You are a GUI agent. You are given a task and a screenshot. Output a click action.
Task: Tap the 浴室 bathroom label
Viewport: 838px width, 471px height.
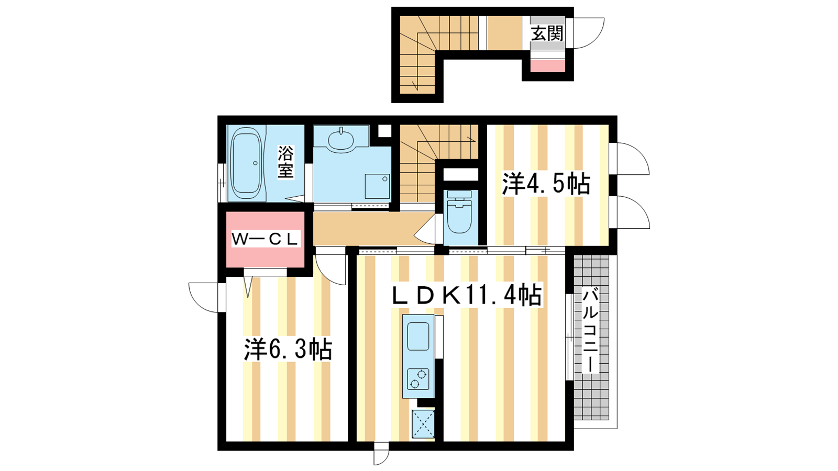pos(285,162)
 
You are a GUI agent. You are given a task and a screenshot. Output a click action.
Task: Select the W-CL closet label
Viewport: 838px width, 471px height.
pos(265,239)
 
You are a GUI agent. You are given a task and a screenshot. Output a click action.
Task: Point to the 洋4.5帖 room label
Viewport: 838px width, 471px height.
pos(546,184)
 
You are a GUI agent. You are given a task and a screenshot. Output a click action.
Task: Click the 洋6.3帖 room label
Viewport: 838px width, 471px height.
pos(288,349)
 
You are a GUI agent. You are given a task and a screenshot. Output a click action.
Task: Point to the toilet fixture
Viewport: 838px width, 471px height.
pos(459,212)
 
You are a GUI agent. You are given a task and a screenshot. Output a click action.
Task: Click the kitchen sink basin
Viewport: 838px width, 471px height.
pos(418,337)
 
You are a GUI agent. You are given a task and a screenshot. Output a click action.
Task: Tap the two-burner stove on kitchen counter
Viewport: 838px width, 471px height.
pos(418,379)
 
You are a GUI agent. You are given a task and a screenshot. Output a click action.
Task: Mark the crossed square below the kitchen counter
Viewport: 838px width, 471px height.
pos(423,423)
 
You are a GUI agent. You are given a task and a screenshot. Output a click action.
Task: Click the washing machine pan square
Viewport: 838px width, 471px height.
pos(377,186)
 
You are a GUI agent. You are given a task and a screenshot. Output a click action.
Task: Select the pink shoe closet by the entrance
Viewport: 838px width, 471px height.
pos(547,65)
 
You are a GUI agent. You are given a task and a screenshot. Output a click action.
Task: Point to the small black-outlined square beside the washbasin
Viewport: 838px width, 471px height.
pos(384,131)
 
